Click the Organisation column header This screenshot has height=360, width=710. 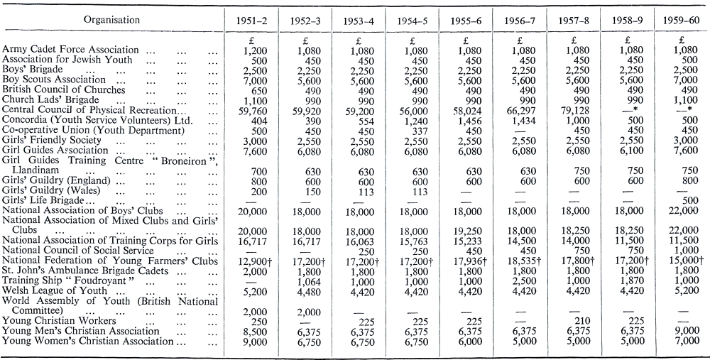(112, 20)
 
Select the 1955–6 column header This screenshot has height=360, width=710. (466, 21)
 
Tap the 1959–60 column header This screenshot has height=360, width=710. (681, 21)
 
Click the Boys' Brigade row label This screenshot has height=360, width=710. (33, 70)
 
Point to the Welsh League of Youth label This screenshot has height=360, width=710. (55, 290)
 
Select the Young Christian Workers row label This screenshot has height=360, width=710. (59, 321)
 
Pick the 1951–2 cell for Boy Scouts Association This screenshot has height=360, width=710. (255, 80)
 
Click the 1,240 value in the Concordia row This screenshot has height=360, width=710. (414, 121)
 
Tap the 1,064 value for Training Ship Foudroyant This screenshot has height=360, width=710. (308, 280)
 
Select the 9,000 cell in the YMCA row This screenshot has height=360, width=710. (687, 332)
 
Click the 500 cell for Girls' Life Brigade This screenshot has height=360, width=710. (691, 201)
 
